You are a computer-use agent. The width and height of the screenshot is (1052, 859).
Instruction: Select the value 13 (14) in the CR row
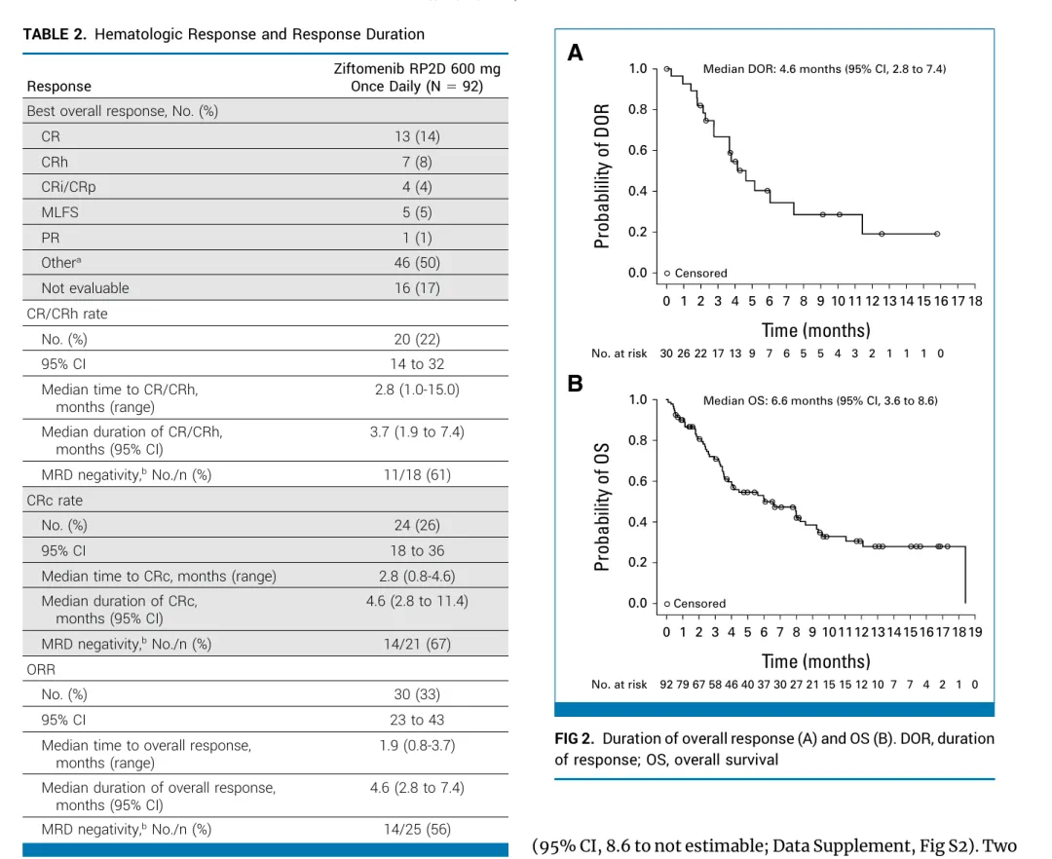click(x=417, y=137)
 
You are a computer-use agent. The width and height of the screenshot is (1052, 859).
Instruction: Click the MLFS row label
click(x=58, y=212)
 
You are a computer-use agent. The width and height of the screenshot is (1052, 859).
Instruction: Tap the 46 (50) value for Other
click(x=417, y=262)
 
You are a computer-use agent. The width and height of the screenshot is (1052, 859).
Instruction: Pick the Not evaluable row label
click(x=85, y=287)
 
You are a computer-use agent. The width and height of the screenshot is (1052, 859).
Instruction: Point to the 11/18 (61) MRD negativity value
click(x=417, y=475)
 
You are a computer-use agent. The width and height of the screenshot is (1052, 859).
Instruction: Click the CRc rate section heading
click(x=55, y=501)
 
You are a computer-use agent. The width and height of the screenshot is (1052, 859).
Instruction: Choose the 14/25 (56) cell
click(x=417, y=830)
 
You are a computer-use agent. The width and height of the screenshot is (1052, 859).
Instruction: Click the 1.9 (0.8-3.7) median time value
click(x=417, y=746)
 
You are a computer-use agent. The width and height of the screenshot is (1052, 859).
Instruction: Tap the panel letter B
click(x=576, y=384)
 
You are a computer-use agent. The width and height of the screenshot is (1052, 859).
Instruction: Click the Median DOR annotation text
click(x=824, y=69)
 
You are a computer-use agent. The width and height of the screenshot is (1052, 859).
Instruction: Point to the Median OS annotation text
click(x=820, y=400)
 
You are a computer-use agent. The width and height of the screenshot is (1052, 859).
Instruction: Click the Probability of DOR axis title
click(x=603, y=175)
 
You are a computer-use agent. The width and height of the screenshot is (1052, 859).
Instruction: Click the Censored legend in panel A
click(x=695, y=274)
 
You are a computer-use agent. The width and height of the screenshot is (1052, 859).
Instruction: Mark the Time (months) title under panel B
click(x=815, y=661)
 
